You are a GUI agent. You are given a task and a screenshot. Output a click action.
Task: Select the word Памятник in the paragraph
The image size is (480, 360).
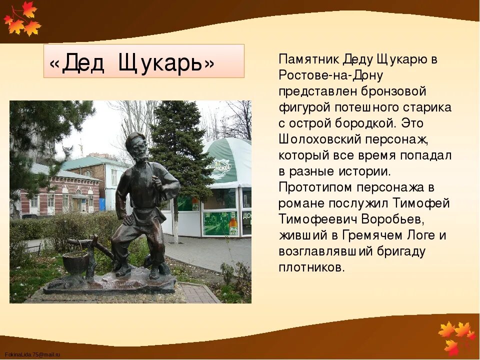309,59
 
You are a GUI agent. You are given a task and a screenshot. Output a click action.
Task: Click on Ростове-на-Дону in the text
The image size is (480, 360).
331,75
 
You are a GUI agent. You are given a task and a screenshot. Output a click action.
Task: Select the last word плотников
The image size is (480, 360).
310,267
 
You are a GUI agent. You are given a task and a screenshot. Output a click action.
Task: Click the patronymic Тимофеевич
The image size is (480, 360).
326,219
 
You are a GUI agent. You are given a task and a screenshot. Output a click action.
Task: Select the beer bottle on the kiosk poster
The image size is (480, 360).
233,223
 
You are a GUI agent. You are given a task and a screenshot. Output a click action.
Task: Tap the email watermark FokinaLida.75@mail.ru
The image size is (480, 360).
32,354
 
